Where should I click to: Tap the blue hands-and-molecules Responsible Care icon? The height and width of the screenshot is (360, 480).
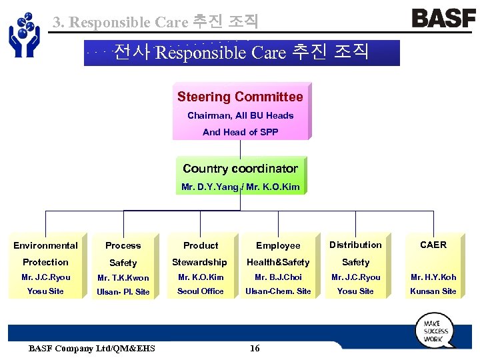click(24, 34)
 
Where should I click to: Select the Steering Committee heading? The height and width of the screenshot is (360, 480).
click(240, 97)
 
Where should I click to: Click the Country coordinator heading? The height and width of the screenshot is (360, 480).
click(240, 169)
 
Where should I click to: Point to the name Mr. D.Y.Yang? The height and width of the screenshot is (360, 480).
click(209, 187)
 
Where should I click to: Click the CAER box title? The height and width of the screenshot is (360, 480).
click(433, 245)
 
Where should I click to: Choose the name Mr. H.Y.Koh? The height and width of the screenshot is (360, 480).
click(433, 277)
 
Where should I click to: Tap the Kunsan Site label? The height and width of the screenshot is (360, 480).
click(433, 291)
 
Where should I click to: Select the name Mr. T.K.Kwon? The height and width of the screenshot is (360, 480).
click(123, 278)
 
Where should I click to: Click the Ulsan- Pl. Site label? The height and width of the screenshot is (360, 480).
click(123, 292)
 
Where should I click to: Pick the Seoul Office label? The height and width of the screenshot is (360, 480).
click(201, 291)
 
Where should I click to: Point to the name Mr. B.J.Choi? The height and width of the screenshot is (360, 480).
click(278, 277)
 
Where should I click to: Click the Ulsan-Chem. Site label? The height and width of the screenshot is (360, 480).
click(278, 291)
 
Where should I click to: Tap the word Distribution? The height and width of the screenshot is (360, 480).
click(355, 245)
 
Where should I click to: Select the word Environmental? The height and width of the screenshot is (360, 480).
click(45, 245)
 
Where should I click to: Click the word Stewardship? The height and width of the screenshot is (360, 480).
click(199, 262)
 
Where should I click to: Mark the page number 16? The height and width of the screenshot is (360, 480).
click(254, 348)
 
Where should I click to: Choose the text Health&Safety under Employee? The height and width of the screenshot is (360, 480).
click(278, 262)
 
